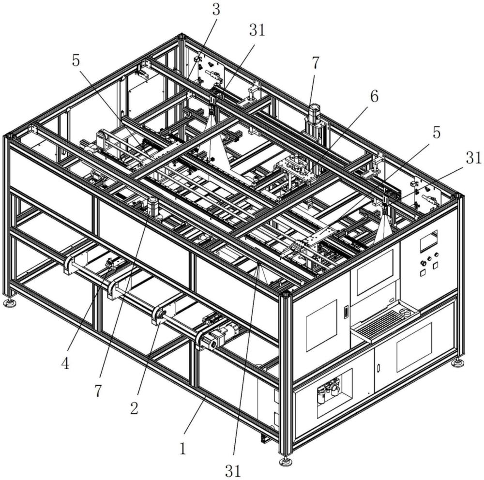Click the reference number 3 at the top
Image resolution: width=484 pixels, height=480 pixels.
coord(216,10)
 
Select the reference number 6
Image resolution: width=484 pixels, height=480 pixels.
coord(374,97)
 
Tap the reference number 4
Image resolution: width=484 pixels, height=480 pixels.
coord(65,364)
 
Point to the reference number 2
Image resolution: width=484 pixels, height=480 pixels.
coord(134,409)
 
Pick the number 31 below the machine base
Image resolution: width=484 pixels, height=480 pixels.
coord(233,471)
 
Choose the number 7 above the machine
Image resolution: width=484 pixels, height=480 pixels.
coord(315,63)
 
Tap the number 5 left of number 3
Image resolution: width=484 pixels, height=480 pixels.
coord(76,61)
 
